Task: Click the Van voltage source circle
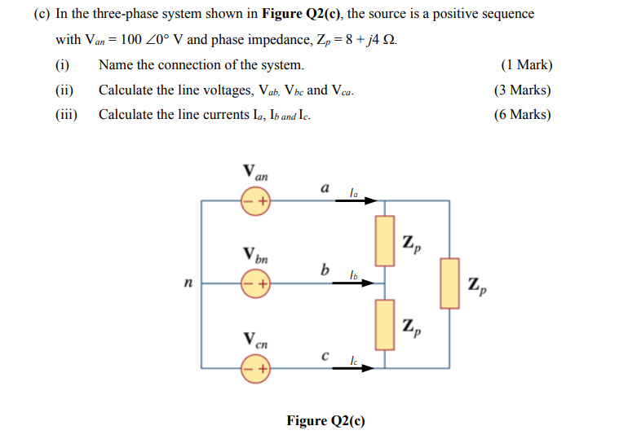pyautogui.click(x=254, y=200)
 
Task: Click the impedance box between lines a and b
pyautogui.click(x=385, y=241)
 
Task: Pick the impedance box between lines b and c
pyautogui.click(x=385, y=324)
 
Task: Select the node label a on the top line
pyautogui.click(x=325, y=187)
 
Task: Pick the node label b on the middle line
pyautogui.click(x=325, y=270)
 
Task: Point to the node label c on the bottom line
pyautogui.click(x=325, y=355)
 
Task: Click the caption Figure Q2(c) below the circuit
pyautogui.click(x=325, y=420)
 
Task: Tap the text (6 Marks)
pyautogui.click(x=522, y=115)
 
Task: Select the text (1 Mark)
pyautogui.click(x=525, y=65)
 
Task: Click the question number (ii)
pyautogui.click(x=65, y=90)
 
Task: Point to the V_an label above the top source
pyautogui.click(x=254, y=173)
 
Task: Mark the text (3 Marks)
pyautogui.click(x=522, y=90)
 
